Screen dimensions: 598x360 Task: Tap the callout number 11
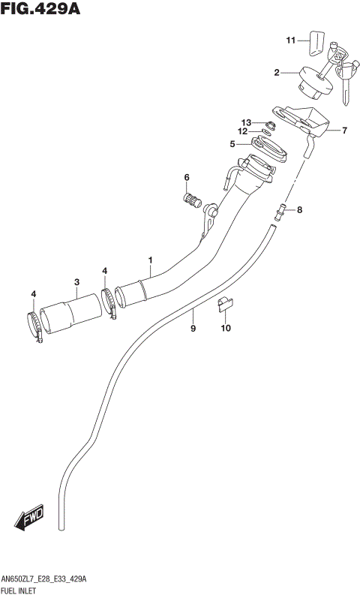click(291, 40)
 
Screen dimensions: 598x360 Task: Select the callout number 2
click(277, 73)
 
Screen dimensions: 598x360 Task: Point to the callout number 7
click(344, 131)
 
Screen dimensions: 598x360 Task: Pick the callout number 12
click(243, 132)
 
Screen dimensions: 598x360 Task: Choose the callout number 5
click(232, 144)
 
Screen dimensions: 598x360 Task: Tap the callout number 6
click(187, 177)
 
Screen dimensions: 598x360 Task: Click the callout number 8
click(299, 210)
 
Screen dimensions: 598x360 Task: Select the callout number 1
click(150, 260)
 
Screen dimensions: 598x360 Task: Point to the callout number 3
click(76, 282)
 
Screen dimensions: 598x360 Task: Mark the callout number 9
click(193, 328)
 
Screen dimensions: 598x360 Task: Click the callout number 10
click(226, 328)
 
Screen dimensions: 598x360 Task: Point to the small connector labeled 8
click(280, 211)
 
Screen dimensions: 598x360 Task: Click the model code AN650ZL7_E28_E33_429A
click(44, 581)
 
